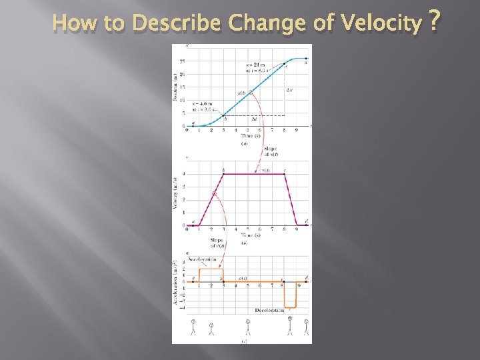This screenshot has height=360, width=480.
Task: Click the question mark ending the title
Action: tap(435, 22)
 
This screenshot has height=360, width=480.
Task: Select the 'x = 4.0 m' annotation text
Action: tap(203, 104)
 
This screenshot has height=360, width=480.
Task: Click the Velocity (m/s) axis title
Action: tap(176, 194)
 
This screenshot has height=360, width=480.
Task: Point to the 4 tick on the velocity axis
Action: tap(183, 175)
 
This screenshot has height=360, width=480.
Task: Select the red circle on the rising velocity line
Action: tap(214, 194)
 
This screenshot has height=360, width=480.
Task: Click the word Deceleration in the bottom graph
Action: tap(270, 311)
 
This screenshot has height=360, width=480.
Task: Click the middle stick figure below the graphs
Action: tap(248, 327)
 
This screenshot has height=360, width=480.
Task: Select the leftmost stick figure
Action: tap(193, 326)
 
